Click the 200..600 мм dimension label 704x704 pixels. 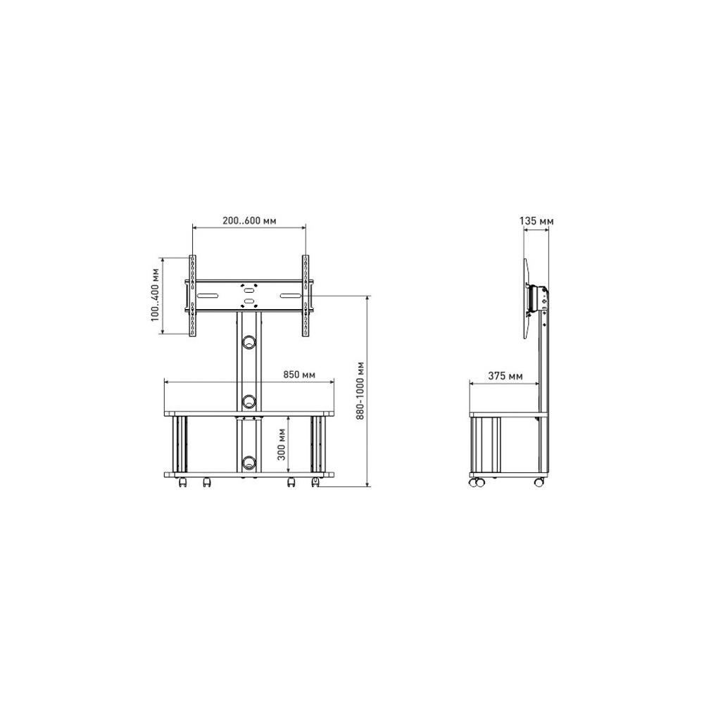point(249,221)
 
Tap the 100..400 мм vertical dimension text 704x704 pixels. point(156,295)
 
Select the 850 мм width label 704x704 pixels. point(299,375)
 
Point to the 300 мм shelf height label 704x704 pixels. point(282,444)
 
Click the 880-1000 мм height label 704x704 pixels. point(360,391)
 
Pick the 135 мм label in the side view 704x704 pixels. point(536,221)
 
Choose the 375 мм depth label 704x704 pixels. point(505,376)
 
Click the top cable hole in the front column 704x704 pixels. point(249,343)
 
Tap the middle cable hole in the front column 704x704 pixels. point(249,401)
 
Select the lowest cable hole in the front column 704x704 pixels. point(249,462)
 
